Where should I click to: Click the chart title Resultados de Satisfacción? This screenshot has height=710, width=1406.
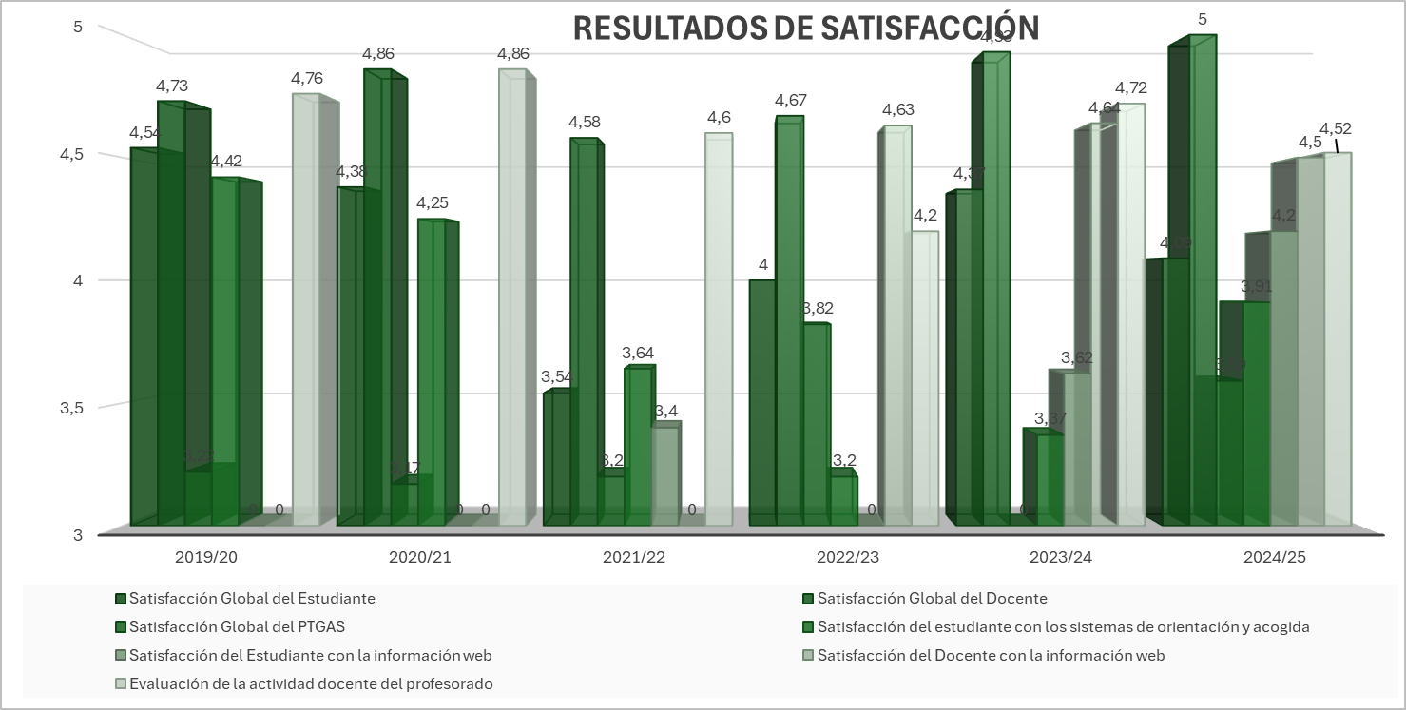[x=805, y=29]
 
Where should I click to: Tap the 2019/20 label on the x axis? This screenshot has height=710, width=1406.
[x=206, y=556]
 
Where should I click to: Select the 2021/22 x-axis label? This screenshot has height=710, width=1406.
[x=633, y=556]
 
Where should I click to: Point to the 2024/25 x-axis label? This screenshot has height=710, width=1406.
[x=1275, y=556]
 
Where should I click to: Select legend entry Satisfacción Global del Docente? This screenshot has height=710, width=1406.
[x=931, y=598]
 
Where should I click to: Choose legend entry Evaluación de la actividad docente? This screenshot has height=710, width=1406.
[x=310, y=683]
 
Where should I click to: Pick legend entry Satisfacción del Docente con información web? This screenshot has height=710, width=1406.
[x=990, y=655]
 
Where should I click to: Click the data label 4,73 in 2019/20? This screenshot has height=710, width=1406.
[x=173, y=86]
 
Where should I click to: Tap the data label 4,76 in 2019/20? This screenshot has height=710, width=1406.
[x=307, y=78]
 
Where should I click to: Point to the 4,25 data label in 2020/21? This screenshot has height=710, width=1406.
[x=433, y=202]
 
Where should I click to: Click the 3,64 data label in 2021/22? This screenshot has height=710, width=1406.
[x=638, y=353]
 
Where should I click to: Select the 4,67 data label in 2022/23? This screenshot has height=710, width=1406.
[x=791, y=100]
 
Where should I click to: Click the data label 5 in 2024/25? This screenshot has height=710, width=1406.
[x=1203, y=19]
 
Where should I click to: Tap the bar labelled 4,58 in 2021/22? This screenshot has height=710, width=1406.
[x=584, y=333]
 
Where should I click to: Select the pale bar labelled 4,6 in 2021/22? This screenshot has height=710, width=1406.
[x=719, y=333]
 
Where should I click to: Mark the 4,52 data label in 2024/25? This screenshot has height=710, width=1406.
[x=1335, y=129]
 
